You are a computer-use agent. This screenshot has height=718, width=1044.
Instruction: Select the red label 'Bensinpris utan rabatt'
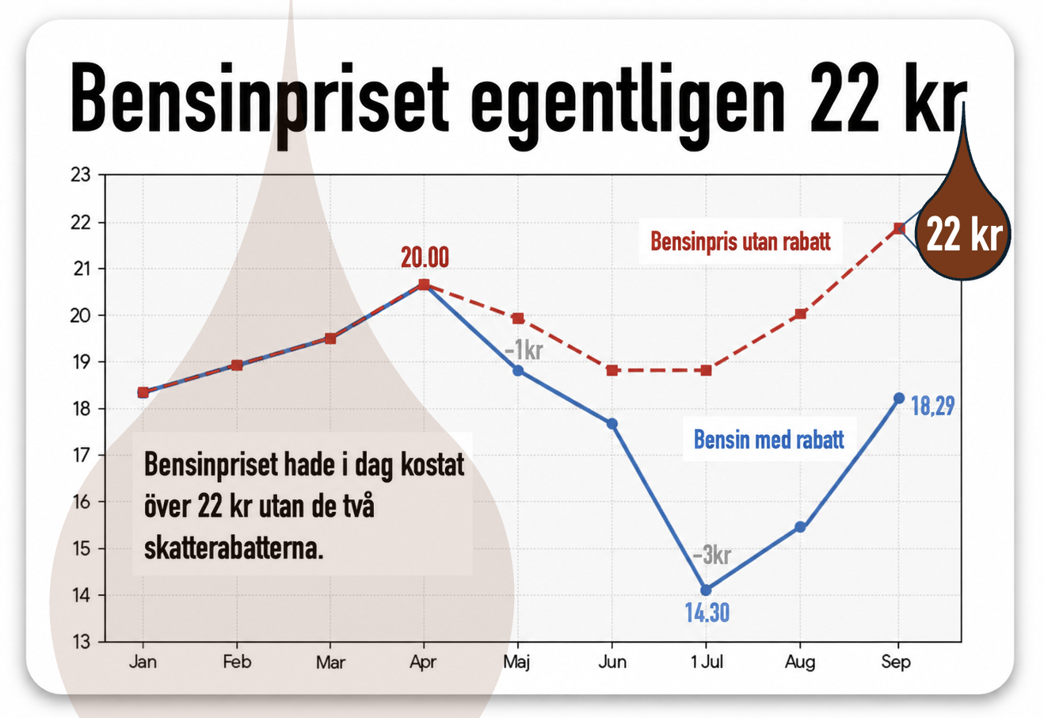click(x=741, y=242)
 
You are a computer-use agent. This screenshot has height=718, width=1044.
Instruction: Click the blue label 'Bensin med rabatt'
click(x=768, y=439)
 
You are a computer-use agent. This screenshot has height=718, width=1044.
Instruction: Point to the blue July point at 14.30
click(x=706, y=590)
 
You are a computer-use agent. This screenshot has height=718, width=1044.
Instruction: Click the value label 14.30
click(x=707, y=613)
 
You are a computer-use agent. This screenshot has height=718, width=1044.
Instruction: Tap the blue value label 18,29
click(x=932, y=406)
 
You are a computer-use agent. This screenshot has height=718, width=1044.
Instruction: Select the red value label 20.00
click(x=425, y=258)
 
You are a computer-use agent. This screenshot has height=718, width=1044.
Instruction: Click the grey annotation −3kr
click(x=711, y=555)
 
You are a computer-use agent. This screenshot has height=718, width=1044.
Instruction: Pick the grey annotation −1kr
click(x=524, y=350)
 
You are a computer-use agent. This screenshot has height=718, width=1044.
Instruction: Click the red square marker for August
click(x=801, y=314)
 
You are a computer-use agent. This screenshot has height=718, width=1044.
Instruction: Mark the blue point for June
click(x=612, y=423)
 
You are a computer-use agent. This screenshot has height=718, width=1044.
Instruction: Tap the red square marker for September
click(x=899, y=228)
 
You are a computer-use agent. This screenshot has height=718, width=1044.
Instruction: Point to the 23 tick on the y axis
click(x=80, y=175)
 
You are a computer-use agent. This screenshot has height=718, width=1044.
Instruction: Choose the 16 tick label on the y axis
click(x=80, y=502)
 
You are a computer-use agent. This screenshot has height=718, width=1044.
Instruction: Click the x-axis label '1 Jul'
click(x=707, y=662)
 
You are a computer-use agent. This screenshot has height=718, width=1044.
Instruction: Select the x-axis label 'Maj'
click(x=517, y=663)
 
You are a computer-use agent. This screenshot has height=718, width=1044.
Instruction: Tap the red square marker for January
click(x=143, y=392)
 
